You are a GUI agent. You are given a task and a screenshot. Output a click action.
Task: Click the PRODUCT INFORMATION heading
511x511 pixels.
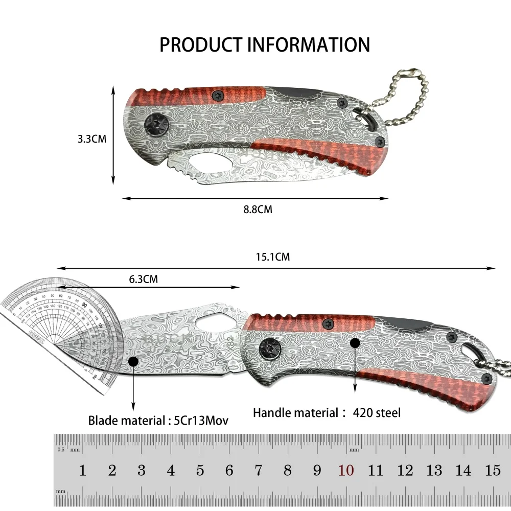point(264,44)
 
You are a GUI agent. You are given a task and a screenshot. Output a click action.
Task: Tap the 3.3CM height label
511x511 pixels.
point(92,138)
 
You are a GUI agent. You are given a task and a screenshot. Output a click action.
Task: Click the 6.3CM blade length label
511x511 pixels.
point(143,279)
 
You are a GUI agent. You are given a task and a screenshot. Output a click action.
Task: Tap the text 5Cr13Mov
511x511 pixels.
point(200,421)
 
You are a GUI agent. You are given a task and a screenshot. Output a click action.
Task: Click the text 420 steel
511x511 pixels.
point(377,412)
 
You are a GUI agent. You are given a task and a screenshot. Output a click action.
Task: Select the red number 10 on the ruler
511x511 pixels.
point(346,470)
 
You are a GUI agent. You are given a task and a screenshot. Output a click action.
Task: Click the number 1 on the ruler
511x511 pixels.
point(82,470)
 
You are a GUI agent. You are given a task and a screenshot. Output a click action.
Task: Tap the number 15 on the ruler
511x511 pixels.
point(493,470)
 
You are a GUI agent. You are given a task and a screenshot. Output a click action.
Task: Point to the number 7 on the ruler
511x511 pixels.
point(258,470)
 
